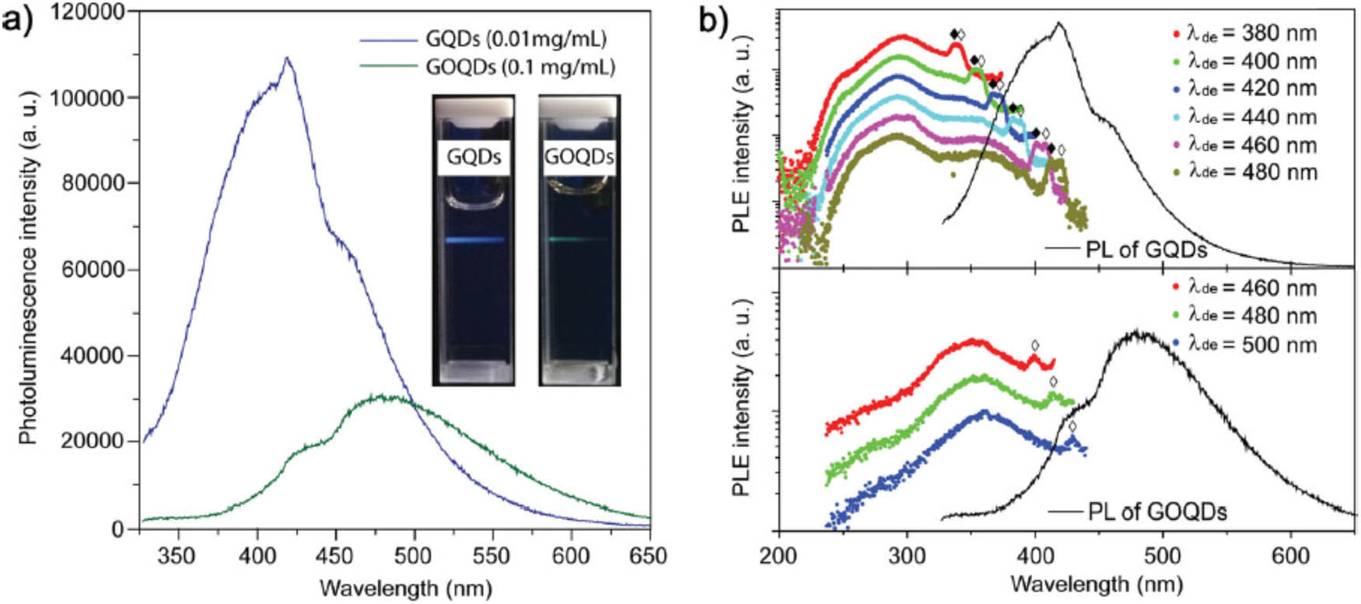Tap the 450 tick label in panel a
(335, 556)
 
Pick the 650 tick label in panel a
(649, 556)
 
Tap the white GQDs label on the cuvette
(474, 157)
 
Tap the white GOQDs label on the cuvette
(579, 157)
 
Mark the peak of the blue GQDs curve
(287, 58)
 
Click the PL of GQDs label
(1146, 250)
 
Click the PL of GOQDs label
(1156, 512)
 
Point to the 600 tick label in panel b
(1290, 556)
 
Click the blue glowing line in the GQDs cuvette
(475, 241)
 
